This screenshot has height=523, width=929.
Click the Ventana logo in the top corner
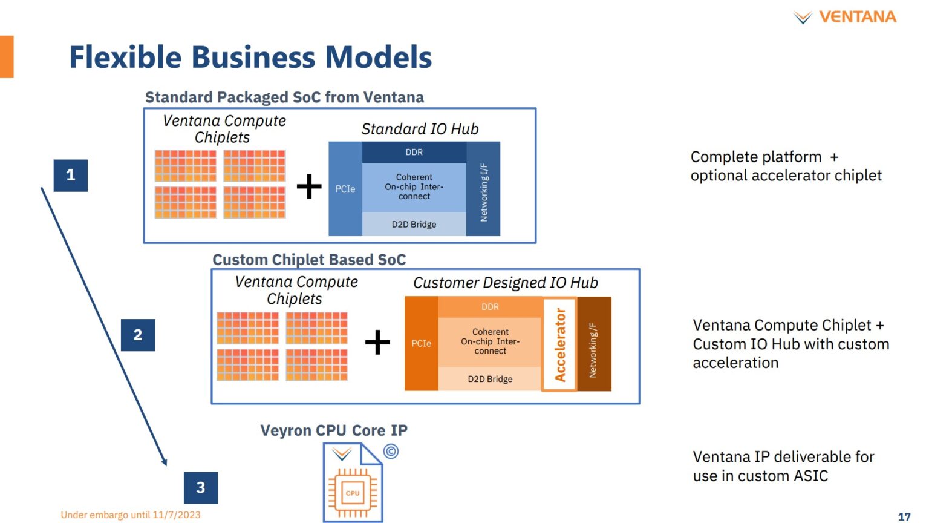pos(844,17)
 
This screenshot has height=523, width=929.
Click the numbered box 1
pos(71,176)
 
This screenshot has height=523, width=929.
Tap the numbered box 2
pos(138,335)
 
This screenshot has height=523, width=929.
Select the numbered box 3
pos(201,487)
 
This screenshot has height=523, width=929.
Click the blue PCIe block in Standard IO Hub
pos(345,189)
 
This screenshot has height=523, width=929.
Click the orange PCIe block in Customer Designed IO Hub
pos(422,343)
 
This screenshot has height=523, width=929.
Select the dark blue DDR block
pos(414,152)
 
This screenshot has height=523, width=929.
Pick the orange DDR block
pos(490,307)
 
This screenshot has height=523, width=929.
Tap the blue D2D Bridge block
pos(414,224)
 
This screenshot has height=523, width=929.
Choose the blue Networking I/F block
pos(483,189)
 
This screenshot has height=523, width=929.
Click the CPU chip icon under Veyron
pos(353,492)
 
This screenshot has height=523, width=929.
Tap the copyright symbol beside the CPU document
pos(391,451)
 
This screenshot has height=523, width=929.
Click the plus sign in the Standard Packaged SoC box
pos(309,186)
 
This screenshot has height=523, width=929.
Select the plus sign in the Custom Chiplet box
pos(377,342)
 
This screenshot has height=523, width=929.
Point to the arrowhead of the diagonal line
pos(165,462)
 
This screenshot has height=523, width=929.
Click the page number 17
pos(904,516)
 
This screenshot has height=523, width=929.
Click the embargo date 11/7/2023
pos(177,515)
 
